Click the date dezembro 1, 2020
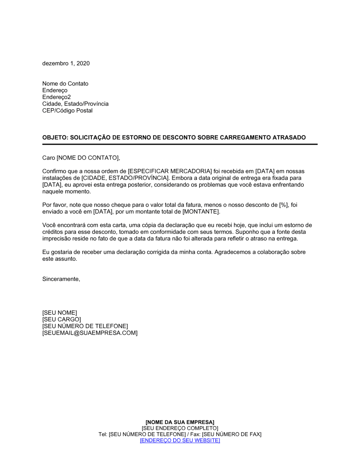click(x=66, y=63)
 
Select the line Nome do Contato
click(x=65, y=83)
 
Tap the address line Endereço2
click(x=57, y=97)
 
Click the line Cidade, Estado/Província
click(x=75, y=104)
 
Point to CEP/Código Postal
click(x=67, y=110)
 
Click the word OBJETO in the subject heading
click(x=54, y=137)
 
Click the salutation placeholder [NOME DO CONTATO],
click(x=88, y=158)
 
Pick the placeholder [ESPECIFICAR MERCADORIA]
click(x=170, y=171)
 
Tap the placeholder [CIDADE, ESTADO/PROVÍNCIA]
click(x=125, y=178)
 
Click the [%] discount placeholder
click(x=284, y=205)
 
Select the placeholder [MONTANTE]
click(x=201, y=211)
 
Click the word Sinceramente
click(x=61, y=279)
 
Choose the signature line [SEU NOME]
click(x=59, y=313)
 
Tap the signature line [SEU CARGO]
click(x=62, y=319)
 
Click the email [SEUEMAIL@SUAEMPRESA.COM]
click(x=90, y=333)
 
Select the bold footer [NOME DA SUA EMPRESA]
click(x=180, y=422)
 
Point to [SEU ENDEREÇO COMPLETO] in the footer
click(x=180, y=428)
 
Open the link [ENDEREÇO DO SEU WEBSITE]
click(x=180, y=441)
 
